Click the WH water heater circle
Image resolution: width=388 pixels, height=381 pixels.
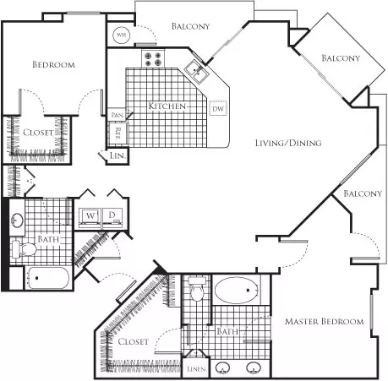tap(121, 35)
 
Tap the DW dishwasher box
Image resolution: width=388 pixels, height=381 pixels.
tap(218, 109)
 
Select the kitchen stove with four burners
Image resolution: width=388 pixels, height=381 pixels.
tap(153, 58)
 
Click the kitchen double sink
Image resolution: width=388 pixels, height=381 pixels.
tap(197, 72)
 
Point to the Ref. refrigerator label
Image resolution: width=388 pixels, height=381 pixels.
tap(118, 133)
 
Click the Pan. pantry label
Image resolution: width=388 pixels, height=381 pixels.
tap(117, 115)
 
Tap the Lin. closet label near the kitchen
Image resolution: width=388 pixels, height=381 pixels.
tap(117, 155)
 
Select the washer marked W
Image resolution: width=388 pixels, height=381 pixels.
tap(90, 218)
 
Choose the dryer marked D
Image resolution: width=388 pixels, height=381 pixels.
tap(112, 218)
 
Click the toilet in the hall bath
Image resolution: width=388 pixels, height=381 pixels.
tap(25, 248)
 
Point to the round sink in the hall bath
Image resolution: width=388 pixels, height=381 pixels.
tap(17, 220)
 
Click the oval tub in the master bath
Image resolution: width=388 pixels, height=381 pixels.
tap(236, 291)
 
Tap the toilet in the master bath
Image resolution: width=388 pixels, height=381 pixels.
tap(197, 289)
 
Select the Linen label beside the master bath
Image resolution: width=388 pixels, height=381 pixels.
tap(196, 368)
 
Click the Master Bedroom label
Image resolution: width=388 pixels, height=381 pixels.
tap(324, 321)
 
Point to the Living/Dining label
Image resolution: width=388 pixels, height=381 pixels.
tap(288, 143)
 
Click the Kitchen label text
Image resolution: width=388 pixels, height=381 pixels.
tap(167, 106)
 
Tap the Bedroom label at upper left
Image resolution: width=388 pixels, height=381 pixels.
tap(53, 64)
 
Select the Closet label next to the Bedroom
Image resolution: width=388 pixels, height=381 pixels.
tap(38, 133)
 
